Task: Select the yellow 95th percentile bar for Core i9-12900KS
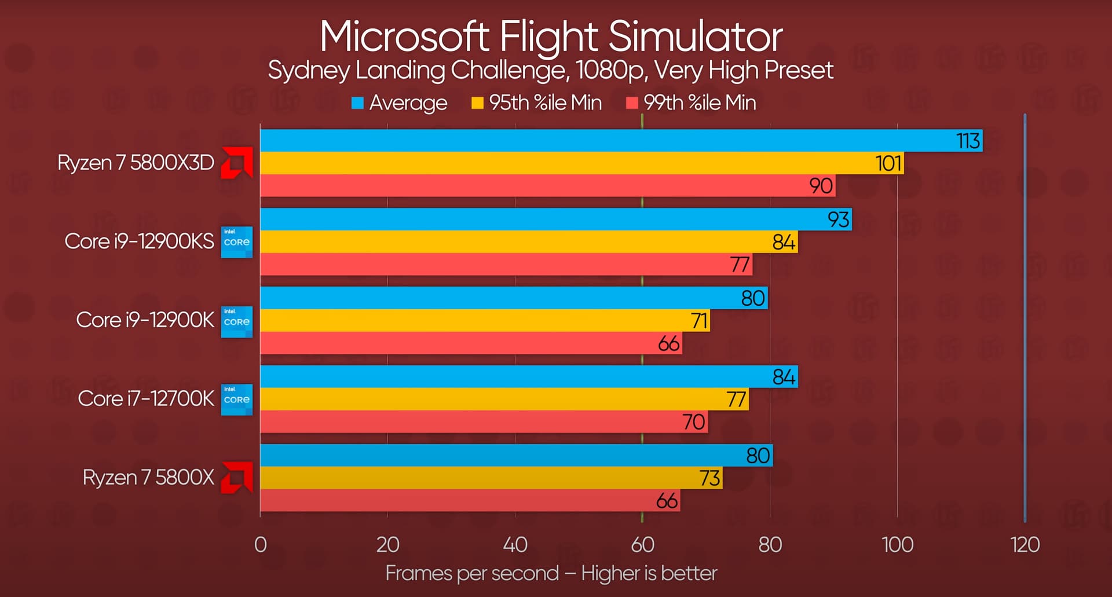(528, 241)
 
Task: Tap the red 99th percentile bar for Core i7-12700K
(484, 422)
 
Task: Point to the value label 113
(968, 141)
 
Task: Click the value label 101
(888, 163)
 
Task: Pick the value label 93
(838, 219)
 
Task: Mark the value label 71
(699, 321)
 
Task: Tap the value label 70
(693, 422)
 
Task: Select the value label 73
(709, 478)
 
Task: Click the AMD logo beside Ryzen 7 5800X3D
(237, 163)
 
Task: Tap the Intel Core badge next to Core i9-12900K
(237, 321)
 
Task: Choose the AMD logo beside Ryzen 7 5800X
(237, 478)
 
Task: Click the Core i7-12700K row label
(146, 398)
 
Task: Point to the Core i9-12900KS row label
(139, 241)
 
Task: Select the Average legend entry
(400, 103)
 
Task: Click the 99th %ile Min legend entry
(692, 103)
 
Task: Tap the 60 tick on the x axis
(642, 544)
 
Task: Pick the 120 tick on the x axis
(1025, 544)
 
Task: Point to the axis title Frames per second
(472, 573)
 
